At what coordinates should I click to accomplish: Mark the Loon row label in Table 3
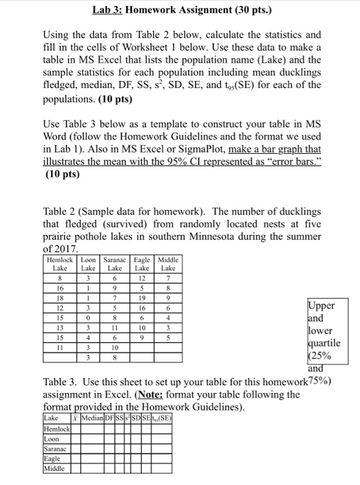coord(53,438)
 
